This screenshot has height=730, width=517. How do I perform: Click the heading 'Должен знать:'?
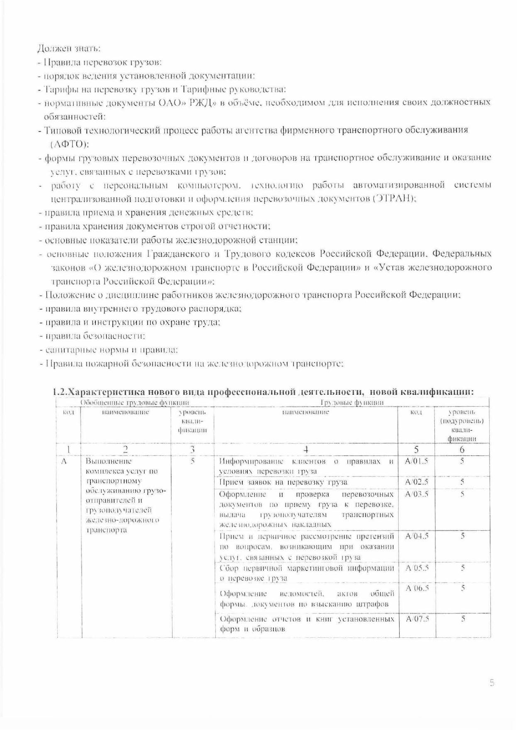69,49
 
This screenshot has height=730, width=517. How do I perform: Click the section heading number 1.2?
60,392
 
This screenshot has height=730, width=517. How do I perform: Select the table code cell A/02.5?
417,482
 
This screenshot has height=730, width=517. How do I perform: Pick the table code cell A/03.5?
417,494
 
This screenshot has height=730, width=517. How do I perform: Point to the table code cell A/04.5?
417,536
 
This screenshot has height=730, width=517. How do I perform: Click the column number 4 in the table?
306,450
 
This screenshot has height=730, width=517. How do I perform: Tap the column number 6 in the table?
462,450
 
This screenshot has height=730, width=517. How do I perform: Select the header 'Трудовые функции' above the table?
352,402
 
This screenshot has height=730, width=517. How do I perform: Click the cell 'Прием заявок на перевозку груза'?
283,482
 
